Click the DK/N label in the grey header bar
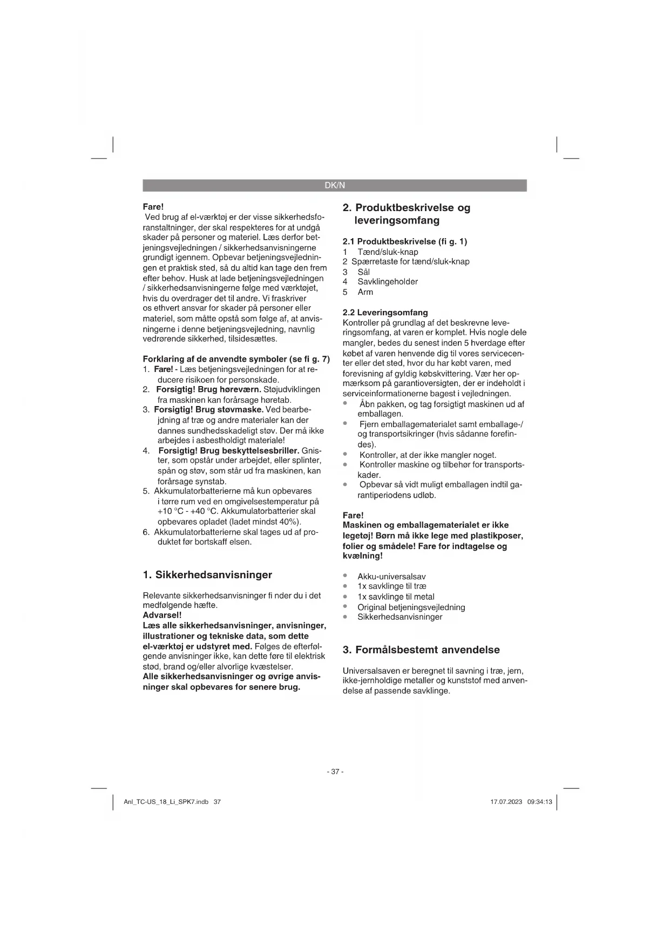tap(334, 185)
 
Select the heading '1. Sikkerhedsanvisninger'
tap(207, 574)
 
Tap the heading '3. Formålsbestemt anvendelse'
tap(421, 650)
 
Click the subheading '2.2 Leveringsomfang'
tap(385, 312)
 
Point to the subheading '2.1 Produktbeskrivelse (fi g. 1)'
tap(405, 241)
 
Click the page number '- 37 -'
tap(335, 772)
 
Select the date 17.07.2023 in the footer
tap(506, 802)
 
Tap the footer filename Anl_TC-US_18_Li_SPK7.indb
tap(166, 802)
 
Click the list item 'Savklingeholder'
tap(387, 281)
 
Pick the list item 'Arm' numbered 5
tap(365, 292)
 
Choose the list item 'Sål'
tap(363, 272)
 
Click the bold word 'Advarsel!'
tap(162, 615)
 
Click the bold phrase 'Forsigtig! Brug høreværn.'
tap(208, 389)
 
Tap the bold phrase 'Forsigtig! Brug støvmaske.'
tap(208, 409)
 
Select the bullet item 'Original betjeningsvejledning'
tap(411, 607)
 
